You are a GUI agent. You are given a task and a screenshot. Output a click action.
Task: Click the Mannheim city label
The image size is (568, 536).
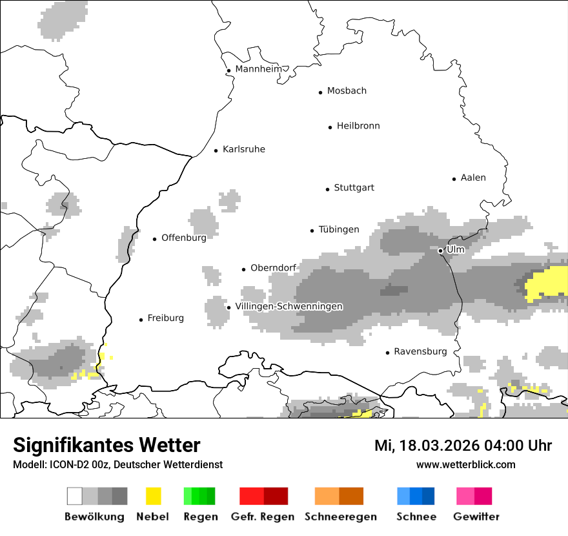coord(258,69)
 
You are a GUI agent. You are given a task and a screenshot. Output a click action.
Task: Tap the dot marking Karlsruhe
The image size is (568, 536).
coord(216,150)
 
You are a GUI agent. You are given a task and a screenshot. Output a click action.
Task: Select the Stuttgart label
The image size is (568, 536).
coord(354,188)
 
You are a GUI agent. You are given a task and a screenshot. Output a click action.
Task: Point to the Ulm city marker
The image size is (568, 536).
coord(440,251)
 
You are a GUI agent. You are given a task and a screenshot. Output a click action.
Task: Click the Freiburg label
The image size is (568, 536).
coord(165,318)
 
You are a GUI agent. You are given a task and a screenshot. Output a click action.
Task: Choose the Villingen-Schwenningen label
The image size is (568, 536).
coord(289,306)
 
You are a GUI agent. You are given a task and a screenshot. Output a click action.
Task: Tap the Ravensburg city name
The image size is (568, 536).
coord(420,352)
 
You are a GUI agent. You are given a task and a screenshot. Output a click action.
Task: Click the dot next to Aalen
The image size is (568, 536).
coord(454,179)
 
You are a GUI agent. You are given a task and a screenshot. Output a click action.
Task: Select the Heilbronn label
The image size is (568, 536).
coord(358,126)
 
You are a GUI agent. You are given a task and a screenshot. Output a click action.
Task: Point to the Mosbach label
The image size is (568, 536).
coord(347,91)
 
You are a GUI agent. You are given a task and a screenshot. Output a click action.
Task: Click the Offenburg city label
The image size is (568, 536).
coord(184,238)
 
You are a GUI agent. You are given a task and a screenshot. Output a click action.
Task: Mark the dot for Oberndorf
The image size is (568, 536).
coord(244,269)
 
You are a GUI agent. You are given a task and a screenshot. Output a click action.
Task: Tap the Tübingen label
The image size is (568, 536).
coord(339,230)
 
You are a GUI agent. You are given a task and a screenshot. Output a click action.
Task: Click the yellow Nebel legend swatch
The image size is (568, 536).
coord(153,496)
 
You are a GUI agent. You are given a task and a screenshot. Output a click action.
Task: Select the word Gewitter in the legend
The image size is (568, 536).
coord(476,517)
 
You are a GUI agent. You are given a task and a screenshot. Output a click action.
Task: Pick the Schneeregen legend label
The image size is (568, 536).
coord(341,517)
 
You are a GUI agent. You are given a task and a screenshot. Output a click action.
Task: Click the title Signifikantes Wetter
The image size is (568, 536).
coord(107,445)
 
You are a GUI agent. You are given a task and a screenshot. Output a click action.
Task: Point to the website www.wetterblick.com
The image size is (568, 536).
coord(466,465)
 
